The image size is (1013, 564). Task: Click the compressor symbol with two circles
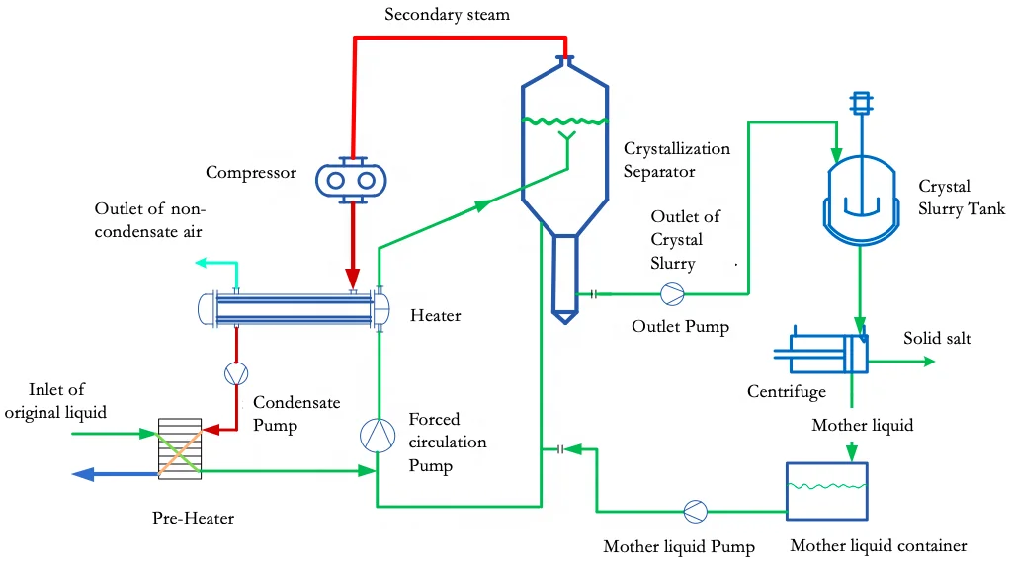coord(350,179)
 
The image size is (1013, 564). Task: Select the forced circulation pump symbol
coord(377,436)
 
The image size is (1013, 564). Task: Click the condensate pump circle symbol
coord(236,373)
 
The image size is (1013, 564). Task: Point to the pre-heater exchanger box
coord(180,451)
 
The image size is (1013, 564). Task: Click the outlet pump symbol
coord(672,293)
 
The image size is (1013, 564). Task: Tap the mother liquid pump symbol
coord(696,511)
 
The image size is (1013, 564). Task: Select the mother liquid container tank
coord(825,491)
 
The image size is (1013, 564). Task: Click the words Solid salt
coord(937,339)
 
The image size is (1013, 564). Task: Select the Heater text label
coord(436,315)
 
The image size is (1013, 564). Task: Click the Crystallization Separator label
coord(677,160)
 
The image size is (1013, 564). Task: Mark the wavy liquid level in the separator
coord(564,121)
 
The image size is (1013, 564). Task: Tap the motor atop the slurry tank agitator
coord(860,102)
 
